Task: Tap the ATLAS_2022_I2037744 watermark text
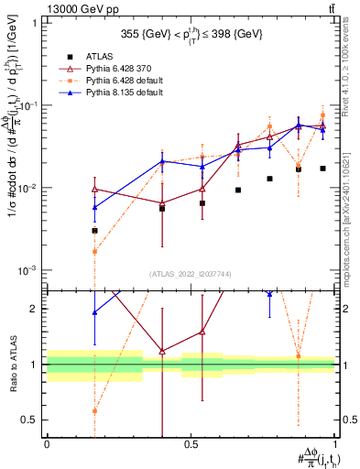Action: click(190, 273)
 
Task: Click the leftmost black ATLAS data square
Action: click(94, 231)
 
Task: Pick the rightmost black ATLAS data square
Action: click(322, 169)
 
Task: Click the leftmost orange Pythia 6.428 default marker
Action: click(94, 252)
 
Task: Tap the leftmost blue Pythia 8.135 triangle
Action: click(94, 208)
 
